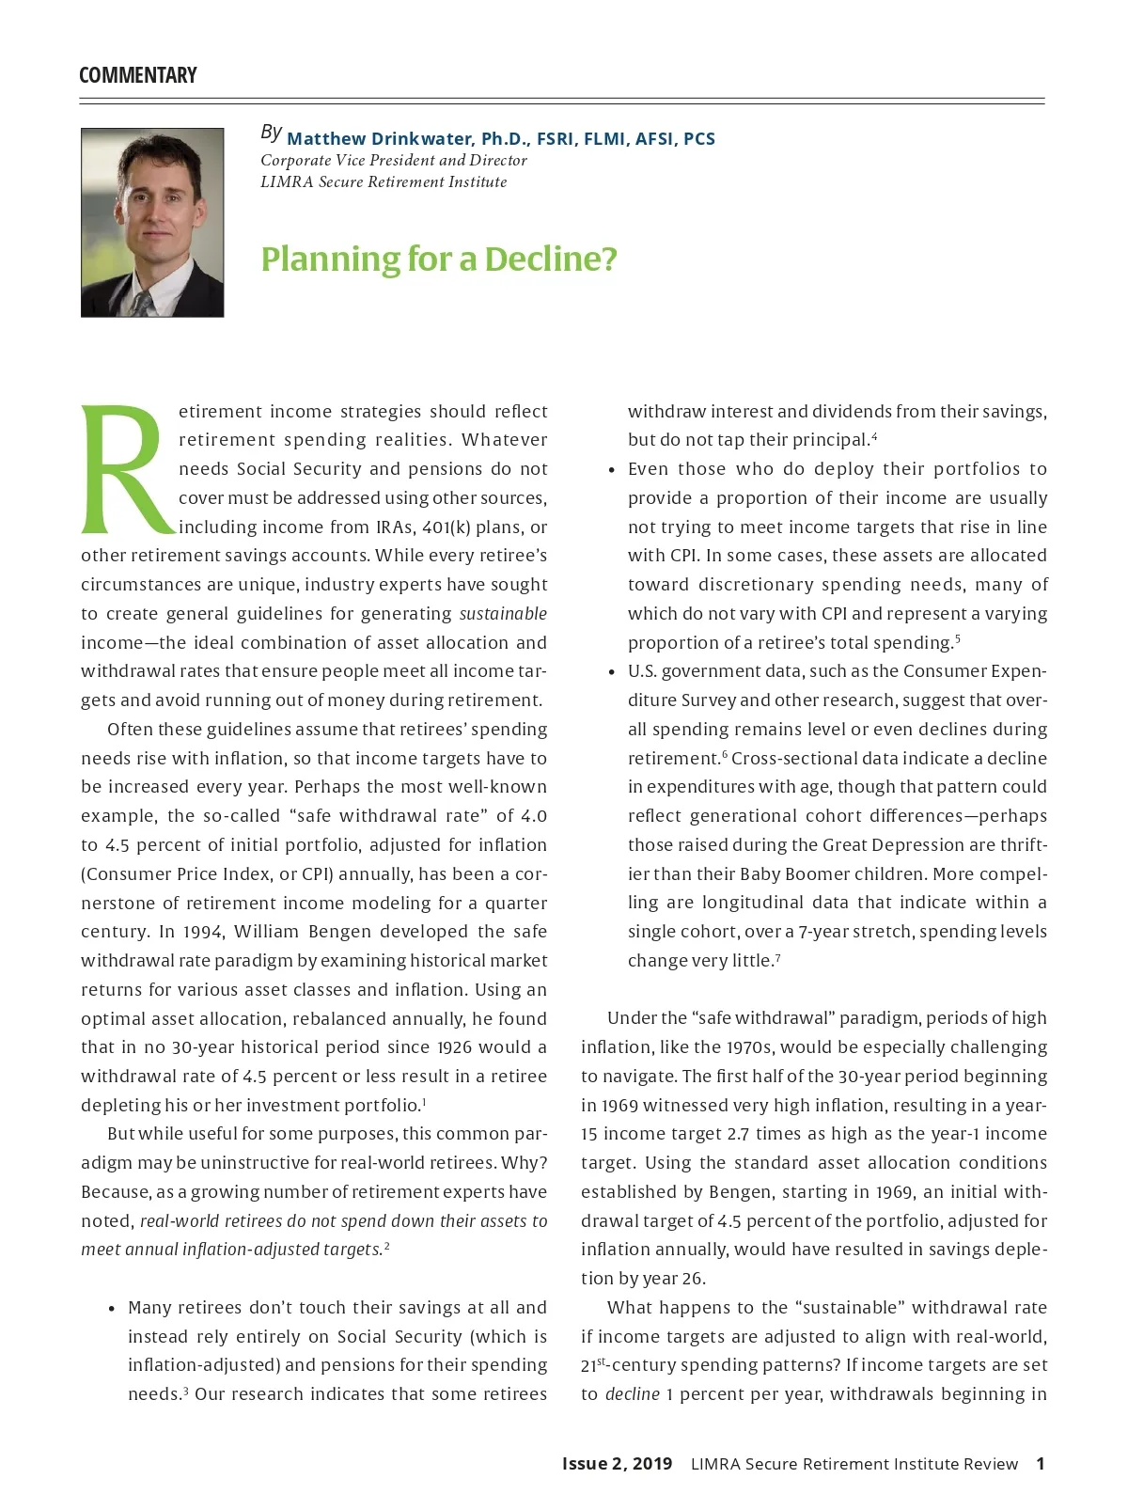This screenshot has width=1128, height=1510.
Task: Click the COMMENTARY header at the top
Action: pyautogui.click(x=138, y=75)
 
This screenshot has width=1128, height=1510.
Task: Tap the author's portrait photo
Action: pyautogui.click(x=152, y=222)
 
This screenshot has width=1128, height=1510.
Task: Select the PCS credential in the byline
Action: pyautogui.click(x=698, y=139)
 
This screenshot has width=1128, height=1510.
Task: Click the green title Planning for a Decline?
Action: pyautogui.click(x=439, y=259)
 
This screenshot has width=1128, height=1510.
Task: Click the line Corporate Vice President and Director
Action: pyautogui.click(x=393, y=161)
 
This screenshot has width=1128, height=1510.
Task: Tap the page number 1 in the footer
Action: pyautogui.click(x=1040, y=1464)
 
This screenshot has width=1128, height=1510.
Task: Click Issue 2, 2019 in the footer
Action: pyautogui.click(x=617, y=1464)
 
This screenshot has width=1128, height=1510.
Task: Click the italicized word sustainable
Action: pyautogui.click(x=503, y=614)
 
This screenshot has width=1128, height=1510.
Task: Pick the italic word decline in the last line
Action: pyautogui.click(x=632, y=1394)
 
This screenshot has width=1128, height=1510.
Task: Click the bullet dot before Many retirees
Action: pyautogui.click(x=112, y=1309)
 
